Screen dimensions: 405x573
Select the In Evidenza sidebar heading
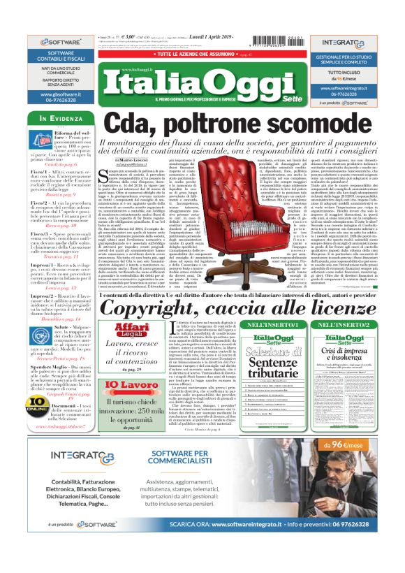58,119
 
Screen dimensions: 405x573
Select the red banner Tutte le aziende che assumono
202,54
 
